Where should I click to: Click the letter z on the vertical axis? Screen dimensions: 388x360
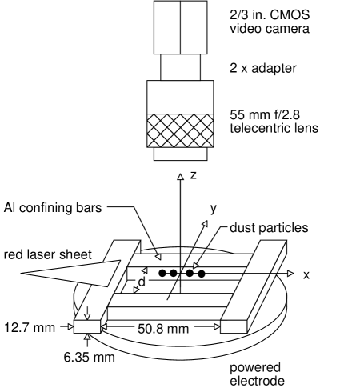coord(194,174)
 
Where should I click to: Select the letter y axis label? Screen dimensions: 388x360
coord(214,208)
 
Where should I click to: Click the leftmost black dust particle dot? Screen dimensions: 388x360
coord(162,273)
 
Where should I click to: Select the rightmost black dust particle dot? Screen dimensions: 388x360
coord(202,273)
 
